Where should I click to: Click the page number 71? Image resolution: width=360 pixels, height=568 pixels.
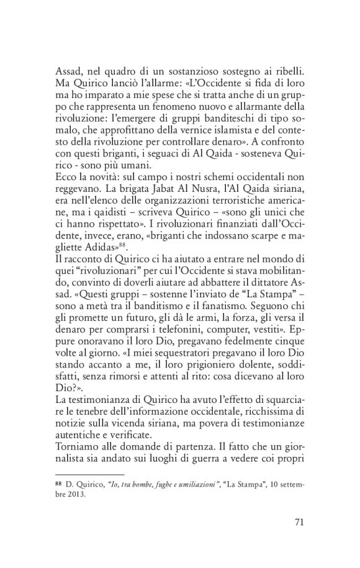[x=298, y=521]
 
